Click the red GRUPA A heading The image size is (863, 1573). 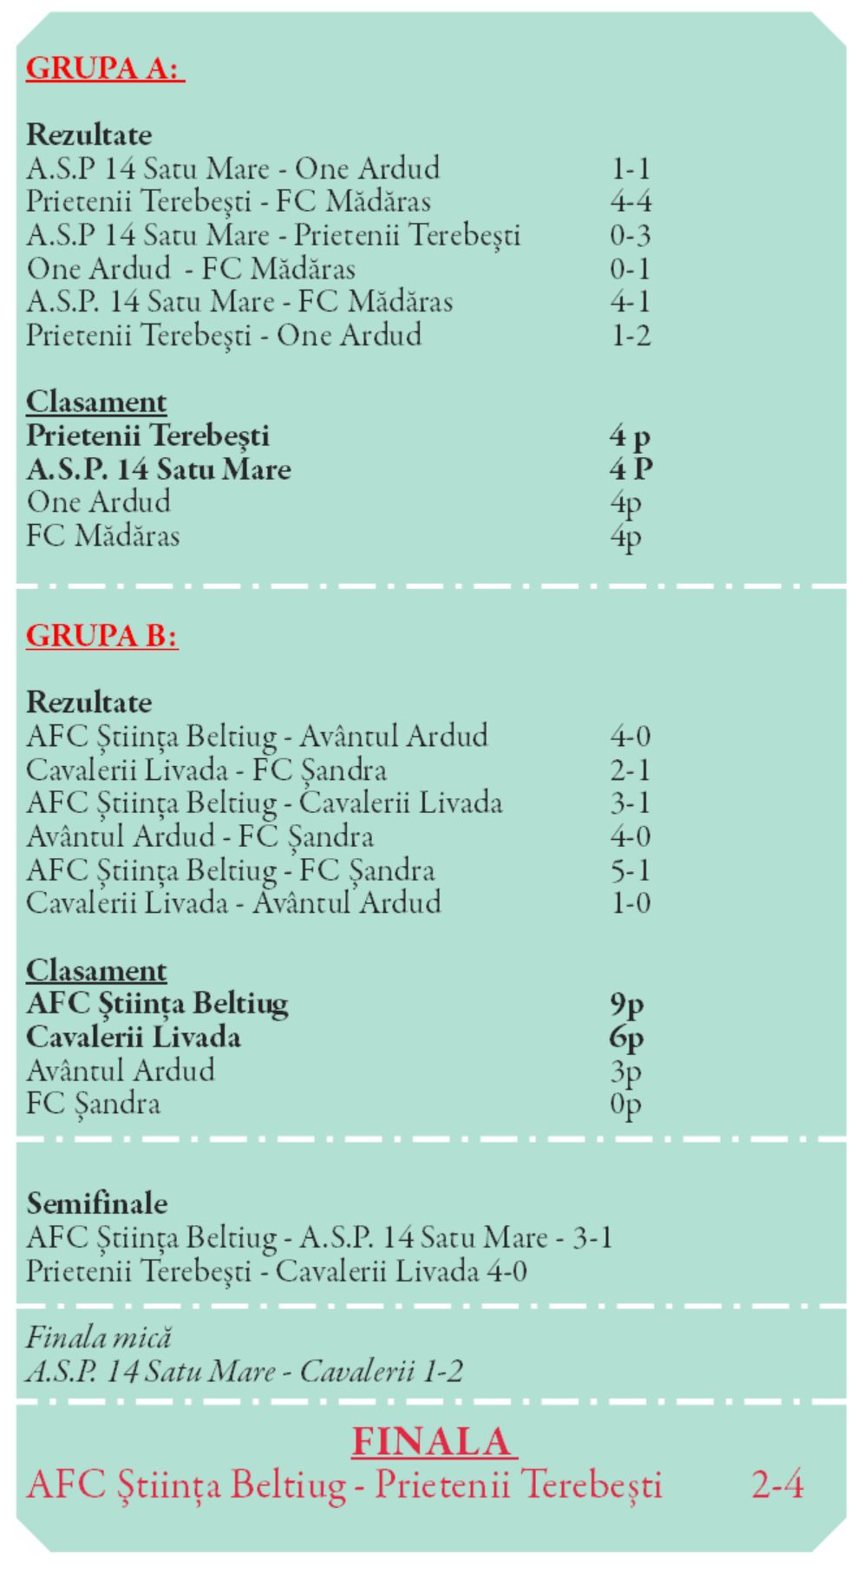click(105, 68)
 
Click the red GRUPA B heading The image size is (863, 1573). click(101, 636)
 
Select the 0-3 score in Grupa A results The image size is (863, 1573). click(630, 235)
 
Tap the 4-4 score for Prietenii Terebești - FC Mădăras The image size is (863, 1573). click(630, 201)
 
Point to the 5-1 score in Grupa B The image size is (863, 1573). click(630, 870)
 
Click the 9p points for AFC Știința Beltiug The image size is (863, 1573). click(626, 1005)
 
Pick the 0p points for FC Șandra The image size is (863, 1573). click(625, 1104)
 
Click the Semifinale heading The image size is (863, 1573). click(96, 1203)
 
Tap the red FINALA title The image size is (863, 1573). click(433, 1441)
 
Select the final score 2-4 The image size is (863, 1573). click(777, 1485)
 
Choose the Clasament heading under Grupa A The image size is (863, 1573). click(95, 402)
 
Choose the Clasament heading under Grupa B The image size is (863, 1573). click(95, 970)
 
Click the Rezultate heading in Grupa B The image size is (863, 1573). click(88, 702)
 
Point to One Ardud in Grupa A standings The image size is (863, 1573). click(98, 502)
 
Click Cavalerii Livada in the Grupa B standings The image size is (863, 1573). click(133, 1038)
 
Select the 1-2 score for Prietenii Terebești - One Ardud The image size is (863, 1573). click(630, 336)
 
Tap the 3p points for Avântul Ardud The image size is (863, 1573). click(625, 1072)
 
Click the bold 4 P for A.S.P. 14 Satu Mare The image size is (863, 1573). click(630, 469)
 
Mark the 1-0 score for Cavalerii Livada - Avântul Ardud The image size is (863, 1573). click(630, 903)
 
